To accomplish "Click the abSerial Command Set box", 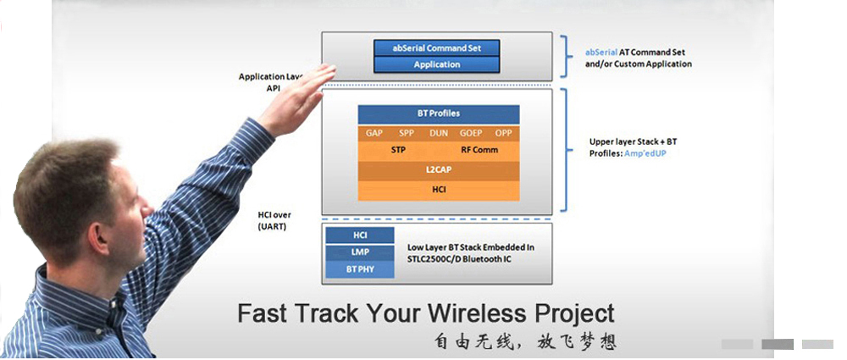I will tap(436, 48).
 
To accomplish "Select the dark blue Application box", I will tap(436, 64).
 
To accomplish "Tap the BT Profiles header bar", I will tap(438, 114).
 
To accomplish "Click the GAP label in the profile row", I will tap(374, 134).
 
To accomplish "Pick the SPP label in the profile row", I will tap(407, 134).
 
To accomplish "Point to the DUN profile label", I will tap(439, 134).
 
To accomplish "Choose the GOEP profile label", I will tap(471, 134).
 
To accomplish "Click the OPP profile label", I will tap(503, 134).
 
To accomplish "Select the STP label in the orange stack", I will tap(398, 150).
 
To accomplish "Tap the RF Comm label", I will tap(479, 150).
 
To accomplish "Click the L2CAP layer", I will tap(438, 170).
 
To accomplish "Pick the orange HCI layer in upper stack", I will tap(438, 190).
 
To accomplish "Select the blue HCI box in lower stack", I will tap(360, 235).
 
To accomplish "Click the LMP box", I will tap(360, 252).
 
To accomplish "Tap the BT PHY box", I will tap(360, 270).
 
